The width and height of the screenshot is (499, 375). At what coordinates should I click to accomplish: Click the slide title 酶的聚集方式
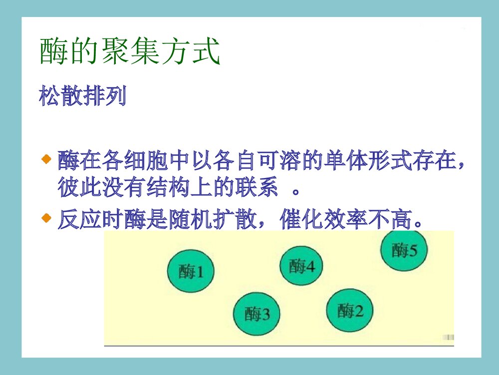tap(130, 51)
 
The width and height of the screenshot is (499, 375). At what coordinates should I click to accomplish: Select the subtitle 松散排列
tap(82, 96)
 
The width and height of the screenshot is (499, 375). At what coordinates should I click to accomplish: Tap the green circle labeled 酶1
tap(190, 271)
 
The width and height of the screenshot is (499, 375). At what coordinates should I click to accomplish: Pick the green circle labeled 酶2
tap(350, 310)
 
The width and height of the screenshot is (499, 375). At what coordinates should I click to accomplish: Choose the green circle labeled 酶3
tap(256, 314)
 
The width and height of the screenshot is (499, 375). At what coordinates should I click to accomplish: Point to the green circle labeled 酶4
tap(301, 265)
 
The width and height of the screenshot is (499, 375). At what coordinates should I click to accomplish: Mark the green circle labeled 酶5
tap(404, 249)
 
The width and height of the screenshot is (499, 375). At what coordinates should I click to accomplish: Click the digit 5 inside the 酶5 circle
tap(413, 249)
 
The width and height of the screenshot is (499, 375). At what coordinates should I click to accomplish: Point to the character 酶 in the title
tap(53, 51)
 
